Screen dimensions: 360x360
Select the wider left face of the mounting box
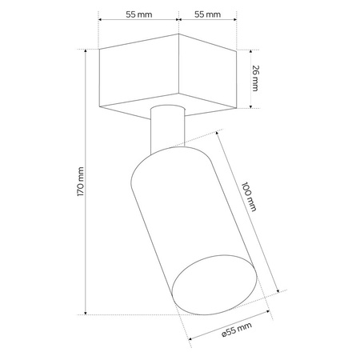point(137,78)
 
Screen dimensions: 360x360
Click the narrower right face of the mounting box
point(209,78)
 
